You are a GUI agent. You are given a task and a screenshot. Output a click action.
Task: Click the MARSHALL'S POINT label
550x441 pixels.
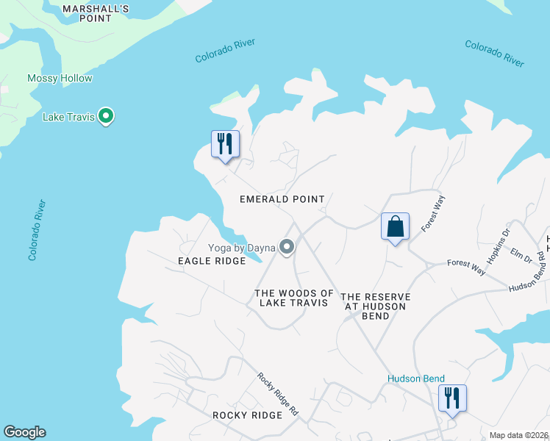[x=96, y=13]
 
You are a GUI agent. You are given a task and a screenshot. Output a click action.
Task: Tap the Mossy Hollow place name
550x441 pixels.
[x=60, y=79]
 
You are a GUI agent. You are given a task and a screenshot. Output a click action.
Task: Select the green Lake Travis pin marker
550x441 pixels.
[x=106, y=116]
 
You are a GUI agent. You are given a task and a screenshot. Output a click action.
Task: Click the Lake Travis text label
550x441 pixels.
[x=69, y=117]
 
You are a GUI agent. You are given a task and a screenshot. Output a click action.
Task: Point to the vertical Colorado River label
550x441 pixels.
[x=37, y=230]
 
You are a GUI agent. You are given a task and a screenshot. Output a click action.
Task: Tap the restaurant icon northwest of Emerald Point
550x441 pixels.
[x=225, y=143]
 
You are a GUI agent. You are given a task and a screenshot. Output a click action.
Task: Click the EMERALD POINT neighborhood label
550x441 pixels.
[x=282, y=199]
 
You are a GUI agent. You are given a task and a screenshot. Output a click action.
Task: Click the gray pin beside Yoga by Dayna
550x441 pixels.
[x=287, y=248]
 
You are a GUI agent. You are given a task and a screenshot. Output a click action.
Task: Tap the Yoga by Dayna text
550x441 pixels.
[x=241, y=248]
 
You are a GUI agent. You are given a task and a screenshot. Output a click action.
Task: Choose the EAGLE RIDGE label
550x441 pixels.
[x=212, y=262]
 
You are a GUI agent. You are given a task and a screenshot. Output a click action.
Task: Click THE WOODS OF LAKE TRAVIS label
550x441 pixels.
[x=294, y=298]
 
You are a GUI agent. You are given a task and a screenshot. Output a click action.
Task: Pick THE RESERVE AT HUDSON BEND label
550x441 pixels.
[x=375, y=306]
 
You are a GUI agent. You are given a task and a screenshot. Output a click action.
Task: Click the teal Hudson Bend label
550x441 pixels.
[x=416, y=379]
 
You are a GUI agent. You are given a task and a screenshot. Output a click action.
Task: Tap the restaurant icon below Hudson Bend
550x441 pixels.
[x=451, y=398]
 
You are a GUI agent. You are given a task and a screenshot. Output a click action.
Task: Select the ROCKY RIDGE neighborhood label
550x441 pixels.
[x=247, y=415]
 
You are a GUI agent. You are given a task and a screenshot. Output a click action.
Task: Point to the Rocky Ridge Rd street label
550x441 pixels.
[x=277, y=395]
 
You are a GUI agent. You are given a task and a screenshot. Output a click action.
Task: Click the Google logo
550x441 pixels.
[x=24, y=432]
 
